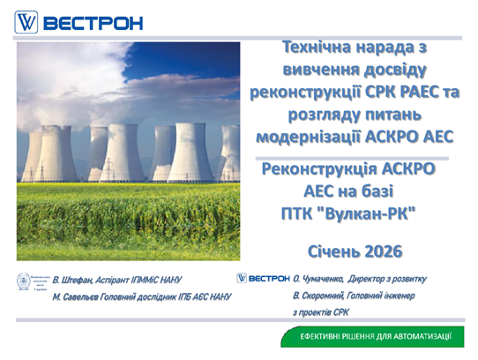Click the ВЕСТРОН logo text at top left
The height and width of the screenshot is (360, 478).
click(x=93, y=21)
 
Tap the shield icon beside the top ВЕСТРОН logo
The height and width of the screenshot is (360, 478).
click(x=27, y=21)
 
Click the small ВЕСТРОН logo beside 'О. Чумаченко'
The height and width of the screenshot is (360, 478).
click(x=264, y=278)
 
